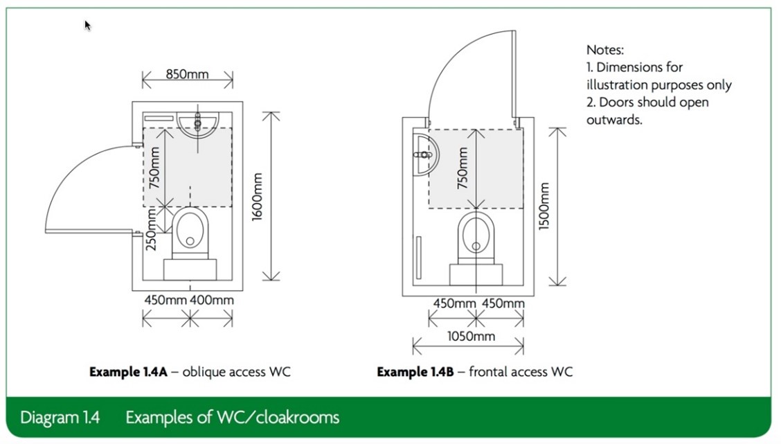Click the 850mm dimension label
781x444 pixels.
tap(187, 73)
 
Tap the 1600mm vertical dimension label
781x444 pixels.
tap(258, 197)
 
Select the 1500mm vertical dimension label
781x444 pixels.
tap(544, 206)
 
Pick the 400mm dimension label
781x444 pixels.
tap(213, 300)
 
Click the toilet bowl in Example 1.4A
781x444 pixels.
tap(190, 231)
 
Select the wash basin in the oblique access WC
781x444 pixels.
tap(198, 123)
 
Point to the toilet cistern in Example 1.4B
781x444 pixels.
tap(475, 273)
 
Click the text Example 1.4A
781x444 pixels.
tap(128, 372)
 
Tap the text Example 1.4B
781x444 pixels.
tap(415, 372)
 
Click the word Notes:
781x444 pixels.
tap(605, 50)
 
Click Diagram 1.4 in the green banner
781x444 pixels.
tap(60, 418)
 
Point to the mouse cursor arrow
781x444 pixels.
tap(87, 26)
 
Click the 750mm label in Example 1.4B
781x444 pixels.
tap(463, 168)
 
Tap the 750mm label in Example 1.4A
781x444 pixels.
tap(155, 168)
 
